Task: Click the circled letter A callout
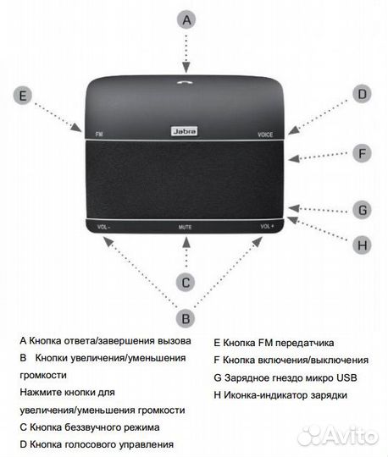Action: click(188, 19)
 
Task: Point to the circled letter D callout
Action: click(362, 94)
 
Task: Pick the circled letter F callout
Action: click(362, 153)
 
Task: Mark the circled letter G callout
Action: click(362, 209)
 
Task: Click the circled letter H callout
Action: click(362, 245)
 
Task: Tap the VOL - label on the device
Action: click(104, 227)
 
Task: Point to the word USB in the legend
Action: click(335, 377)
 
